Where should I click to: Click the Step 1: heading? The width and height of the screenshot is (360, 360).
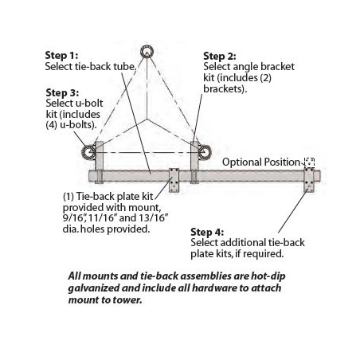point(61,56)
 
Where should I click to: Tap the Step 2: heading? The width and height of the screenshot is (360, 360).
point(220,57)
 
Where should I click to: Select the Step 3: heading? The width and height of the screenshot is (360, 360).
point(62,92)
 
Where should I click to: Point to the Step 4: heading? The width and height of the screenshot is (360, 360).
point(207,232)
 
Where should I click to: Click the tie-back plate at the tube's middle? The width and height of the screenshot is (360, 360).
point(174,180)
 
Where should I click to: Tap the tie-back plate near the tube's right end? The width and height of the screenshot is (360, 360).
point(309,180)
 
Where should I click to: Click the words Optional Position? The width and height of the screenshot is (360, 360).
point(261,162)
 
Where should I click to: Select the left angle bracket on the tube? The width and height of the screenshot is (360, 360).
point(100,162)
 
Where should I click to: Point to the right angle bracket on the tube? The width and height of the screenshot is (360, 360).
point(194,162)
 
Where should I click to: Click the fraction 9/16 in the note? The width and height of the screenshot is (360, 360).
point(73,218)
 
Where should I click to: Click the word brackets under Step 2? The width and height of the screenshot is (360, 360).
point(225,88)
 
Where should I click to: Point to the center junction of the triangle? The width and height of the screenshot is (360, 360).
point(147,119)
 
